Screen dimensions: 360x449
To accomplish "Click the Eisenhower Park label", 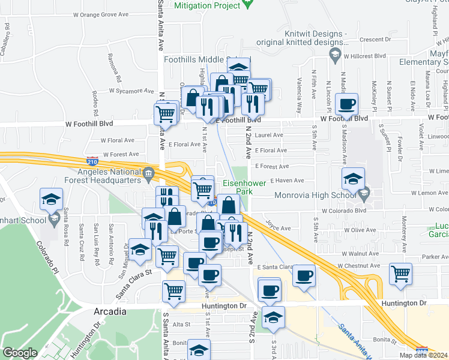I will coord(240,187).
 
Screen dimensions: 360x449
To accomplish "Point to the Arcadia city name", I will coord(110,311).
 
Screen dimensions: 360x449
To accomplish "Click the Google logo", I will coord(20,352).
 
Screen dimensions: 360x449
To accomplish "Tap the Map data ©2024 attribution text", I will coord(423,355).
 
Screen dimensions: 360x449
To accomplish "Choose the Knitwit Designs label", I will coord(301,38).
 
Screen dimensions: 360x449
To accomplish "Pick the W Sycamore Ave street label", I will coord(131,91).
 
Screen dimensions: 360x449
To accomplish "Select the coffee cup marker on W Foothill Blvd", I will coord(346,104).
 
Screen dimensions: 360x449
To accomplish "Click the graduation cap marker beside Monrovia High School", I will coord(353,178).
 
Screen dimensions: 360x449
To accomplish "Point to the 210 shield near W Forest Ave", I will coord(92,161).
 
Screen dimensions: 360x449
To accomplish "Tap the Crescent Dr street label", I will coord(375,40).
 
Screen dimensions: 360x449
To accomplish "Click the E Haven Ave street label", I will coord(288,180).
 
